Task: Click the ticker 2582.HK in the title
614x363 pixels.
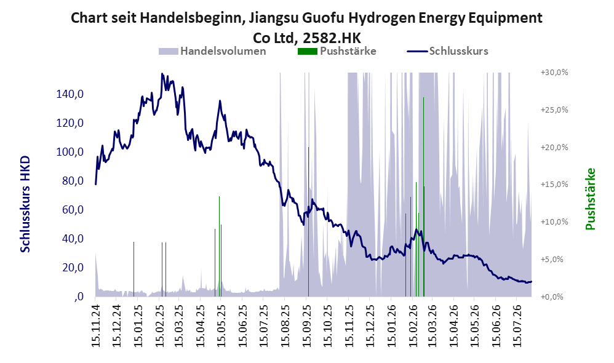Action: click(332, 38)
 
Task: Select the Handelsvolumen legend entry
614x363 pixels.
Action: click(212, 51)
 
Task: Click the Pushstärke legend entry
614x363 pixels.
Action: click(337, 51)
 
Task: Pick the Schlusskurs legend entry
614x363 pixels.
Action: click(447, 51)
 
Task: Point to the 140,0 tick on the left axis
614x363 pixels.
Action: click(70, 94)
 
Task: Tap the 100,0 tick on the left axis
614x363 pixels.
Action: click(70, 152)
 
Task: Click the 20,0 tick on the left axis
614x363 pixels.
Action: click(73, 268)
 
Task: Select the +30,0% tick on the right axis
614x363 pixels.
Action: click(554, 73)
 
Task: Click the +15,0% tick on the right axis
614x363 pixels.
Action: click(554, 185)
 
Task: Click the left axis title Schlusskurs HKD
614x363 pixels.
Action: click(25, 204)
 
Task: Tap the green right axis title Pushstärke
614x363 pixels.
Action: click(590, 199)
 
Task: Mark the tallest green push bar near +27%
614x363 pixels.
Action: click(423, 197)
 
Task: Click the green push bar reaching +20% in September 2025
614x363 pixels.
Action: click(308, 221)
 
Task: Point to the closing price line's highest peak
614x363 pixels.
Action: click(162, 74)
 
